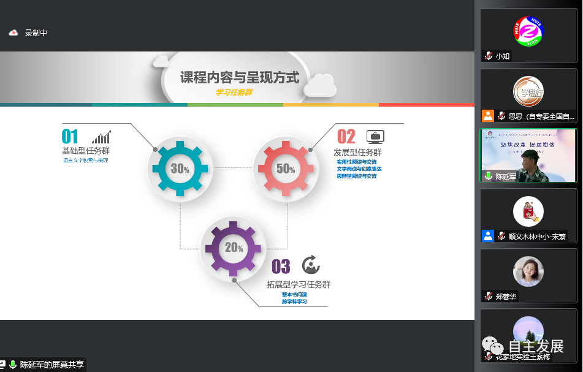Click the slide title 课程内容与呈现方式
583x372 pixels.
(x=240, y=78)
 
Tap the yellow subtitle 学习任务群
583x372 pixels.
(x=234, y=93)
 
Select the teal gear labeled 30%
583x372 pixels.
(x=180, y=169)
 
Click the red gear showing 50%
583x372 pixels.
(x=286, y=169)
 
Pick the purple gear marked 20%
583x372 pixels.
(x=234, y=248)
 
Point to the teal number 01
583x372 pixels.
(x=70, y=136)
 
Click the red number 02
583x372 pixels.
(x=346, y=136)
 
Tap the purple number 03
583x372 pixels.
(x=281, y=267)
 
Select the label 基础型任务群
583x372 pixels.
(x=86, y=151)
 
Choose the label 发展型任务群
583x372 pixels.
(x=357, y=153)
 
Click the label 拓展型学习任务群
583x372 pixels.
(x=299, y=285)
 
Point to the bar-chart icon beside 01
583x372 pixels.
(x=102, y=136)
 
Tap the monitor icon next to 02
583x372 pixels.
(x=375, y=136)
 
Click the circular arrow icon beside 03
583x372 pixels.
(x=311, y=265)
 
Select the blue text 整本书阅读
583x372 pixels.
(x=294, y=295)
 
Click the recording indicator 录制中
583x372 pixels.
(x=36, y=33)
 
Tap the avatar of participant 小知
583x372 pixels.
(x=528, y=31)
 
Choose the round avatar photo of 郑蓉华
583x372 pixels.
(x=528, y=271)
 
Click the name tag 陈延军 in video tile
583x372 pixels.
(x=506, y=177)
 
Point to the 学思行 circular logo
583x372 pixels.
(x=528, y=91)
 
